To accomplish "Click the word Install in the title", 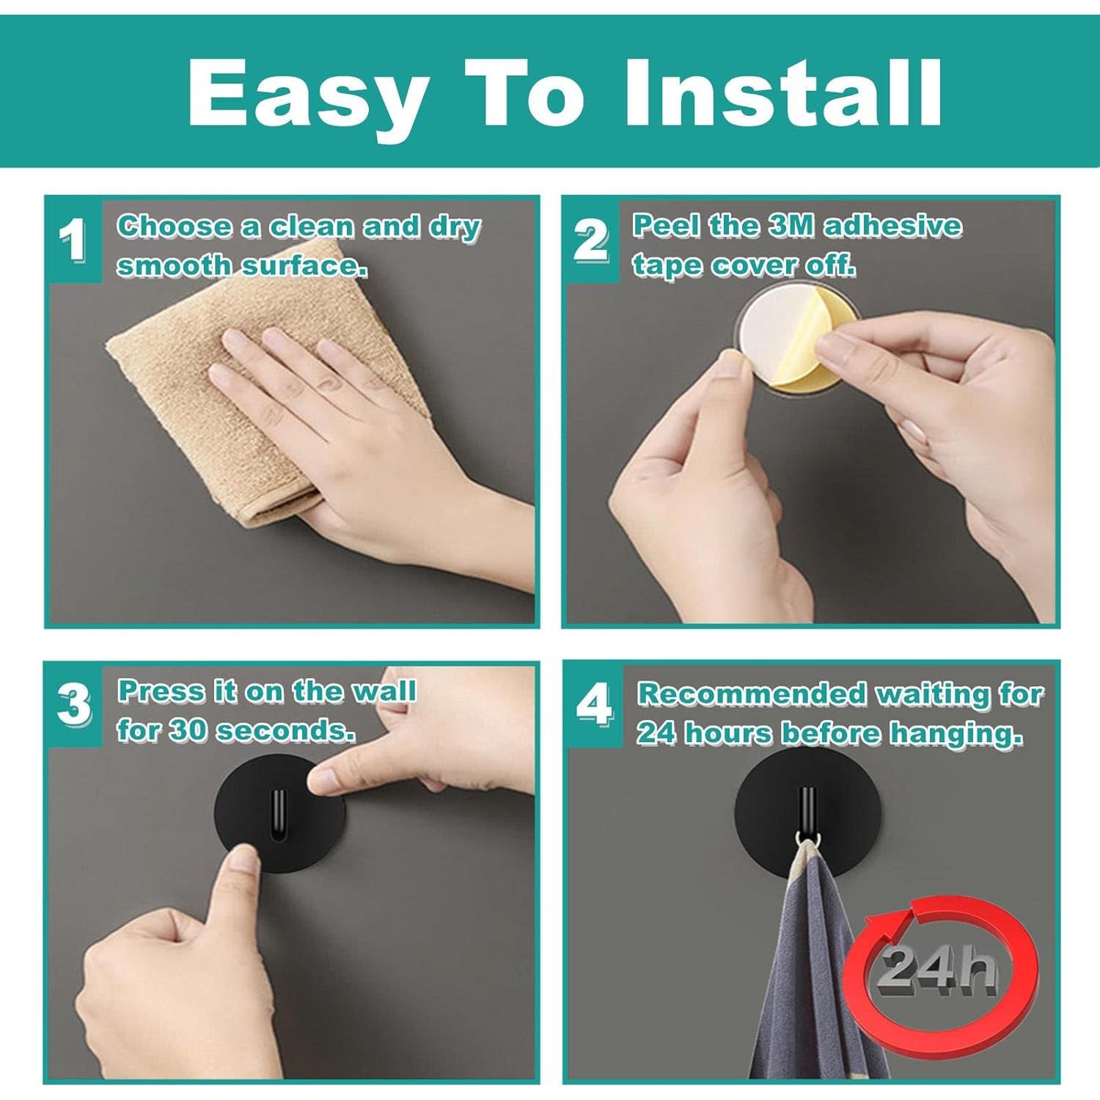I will point(782,93).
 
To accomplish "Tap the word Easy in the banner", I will point(308,93).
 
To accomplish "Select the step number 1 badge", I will point(72,240).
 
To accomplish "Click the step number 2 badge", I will point(590,240).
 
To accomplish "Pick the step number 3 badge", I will point(73,705).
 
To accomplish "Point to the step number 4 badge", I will point(593,705).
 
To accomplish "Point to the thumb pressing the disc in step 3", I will point(242,865).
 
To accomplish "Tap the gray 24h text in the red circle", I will point(939,968).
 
